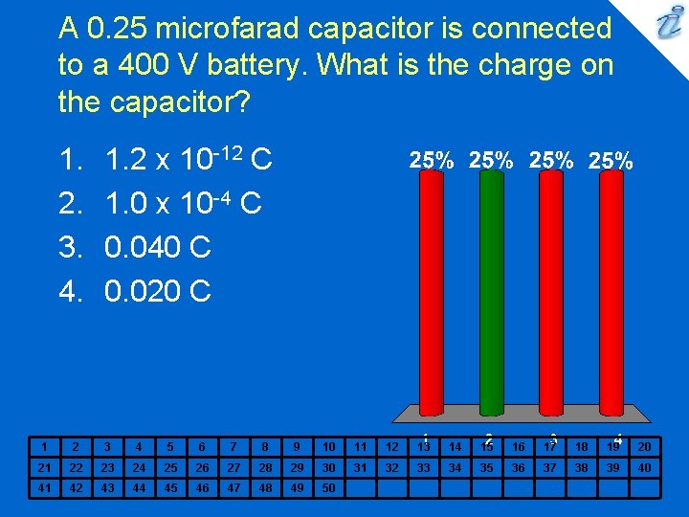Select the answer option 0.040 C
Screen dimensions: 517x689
(x=158, y=248)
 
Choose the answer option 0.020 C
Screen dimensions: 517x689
(x=158, y=291)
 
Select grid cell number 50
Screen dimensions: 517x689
(x=329, y=487)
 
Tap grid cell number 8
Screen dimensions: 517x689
(x=266, y=446)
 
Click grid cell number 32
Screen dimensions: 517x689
(x=391, y=467)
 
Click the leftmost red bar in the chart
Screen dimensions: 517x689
(x=432, y=297)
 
